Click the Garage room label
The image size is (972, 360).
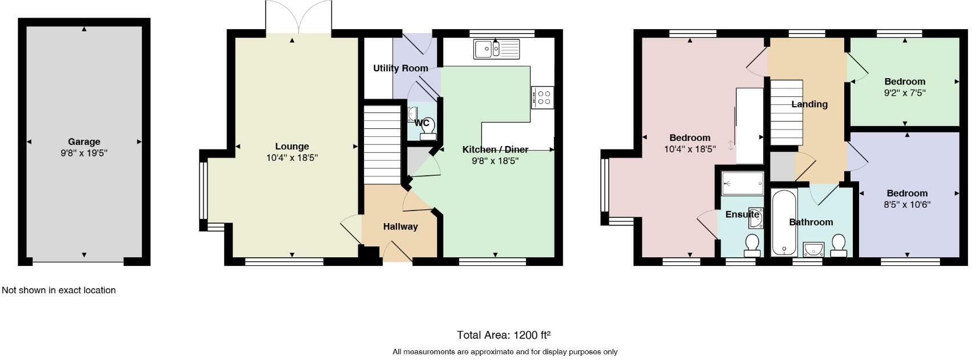point(84,141)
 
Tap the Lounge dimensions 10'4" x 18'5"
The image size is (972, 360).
point(291,157)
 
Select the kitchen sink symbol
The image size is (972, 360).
point(496,49)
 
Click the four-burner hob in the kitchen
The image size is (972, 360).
point(542,96)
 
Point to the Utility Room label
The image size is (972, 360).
point(400,68)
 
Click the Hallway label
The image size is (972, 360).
point(400,226)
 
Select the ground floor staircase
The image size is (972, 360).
point(382,145)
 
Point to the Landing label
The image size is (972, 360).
point(809,104)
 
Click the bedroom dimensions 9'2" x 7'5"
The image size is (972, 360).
point(905,92)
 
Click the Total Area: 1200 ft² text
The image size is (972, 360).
point(504,335)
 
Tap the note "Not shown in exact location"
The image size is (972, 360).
point(59,290)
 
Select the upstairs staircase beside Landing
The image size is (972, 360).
point(787,112)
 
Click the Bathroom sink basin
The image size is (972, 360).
point(813,249)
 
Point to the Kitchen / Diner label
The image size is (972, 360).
point(495,149)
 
